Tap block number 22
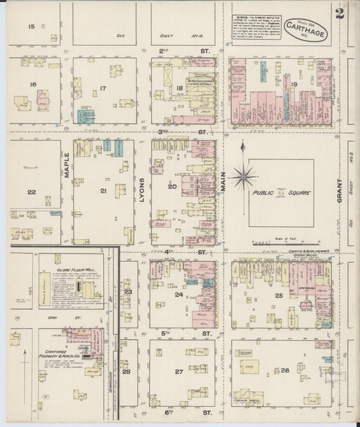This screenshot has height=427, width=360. [31, 192]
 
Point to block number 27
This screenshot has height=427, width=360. [179, 372]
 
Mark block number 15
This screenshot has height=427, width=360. [31, 26]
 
